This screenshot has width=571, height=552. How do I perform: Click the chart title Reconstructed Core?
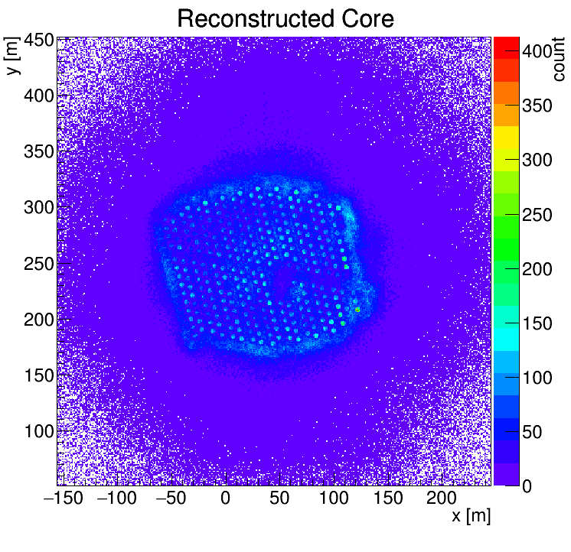click(285, 18)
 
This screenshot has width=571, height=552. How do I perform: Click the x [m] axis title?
click(470, 516)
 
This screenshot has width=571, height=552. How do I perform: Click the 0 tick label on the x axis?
click(225, 499)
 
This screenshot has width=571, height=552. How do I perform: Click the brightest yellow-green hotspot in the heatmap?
click(357, 310)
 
